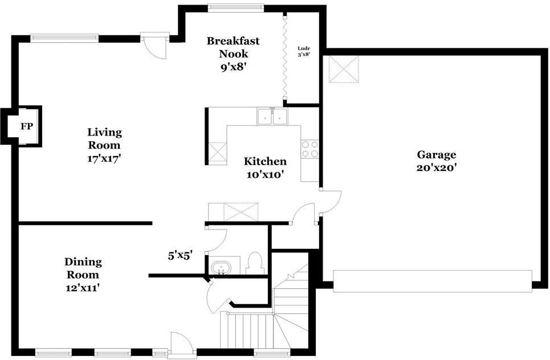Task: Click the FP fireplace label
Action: [x=26, y=126]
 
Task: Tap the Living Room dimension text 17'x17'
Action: [x=104, y=158]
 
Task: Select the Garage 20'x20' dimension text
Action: [x=437, y=167]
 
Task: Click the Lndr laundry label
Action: [x=304, y=48]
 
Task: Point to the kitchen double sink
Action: [x=272, y=116]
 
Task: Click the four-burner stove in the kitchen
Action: [x=310, y=149]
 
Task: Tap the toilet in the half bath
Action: [x=255, y=263]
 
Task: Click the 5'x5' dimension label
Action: [x=181, y=256]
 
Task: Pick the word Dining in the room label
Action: [x=83, y=261]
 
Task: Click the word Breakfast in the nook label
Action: [x=233, y=40]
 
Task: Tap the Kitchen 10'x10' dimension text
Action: [x=265, y=174]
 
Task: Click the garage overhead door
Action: [x=433, y=281]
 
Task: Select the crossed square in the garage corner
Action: [x=344, y=69]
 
